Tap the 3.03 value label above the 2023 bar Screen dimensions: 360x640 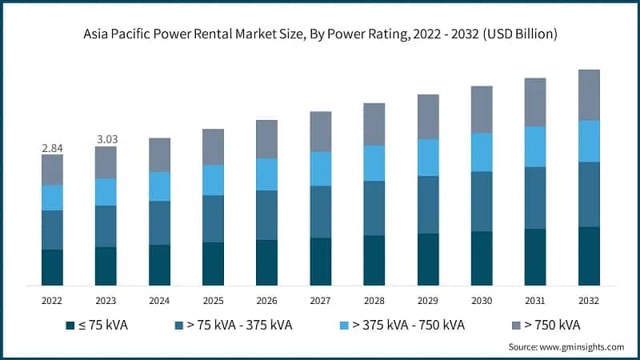coord(106,139)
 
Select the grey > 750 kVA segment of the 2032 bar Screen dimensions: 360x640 coord(589,94)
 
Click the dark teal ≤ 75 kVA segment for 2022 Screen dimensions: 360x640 coord(52,267)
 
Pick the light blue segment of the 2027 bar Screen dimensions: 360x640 coord(321,169)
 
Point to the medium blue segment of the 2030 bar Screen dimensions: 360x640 coord(482,202)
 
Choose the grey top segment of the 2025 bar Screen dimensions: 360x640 coord(213,146)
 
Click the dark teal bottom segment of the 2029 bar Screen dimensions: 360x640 coord(428,259)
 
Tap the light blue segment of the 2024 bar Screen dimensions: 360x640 coord(159,186)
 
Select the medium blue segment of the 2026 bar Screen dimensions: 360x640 coord(266,214)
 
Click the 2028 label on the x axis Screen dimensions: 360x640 coord(374,300)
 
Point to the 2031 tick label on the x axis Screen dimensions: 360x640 coord(535,300)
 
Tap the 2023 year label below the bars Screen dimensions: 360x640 coord(106,300)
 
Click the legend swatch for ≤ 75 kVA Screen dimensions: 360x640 coord(71,326)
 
